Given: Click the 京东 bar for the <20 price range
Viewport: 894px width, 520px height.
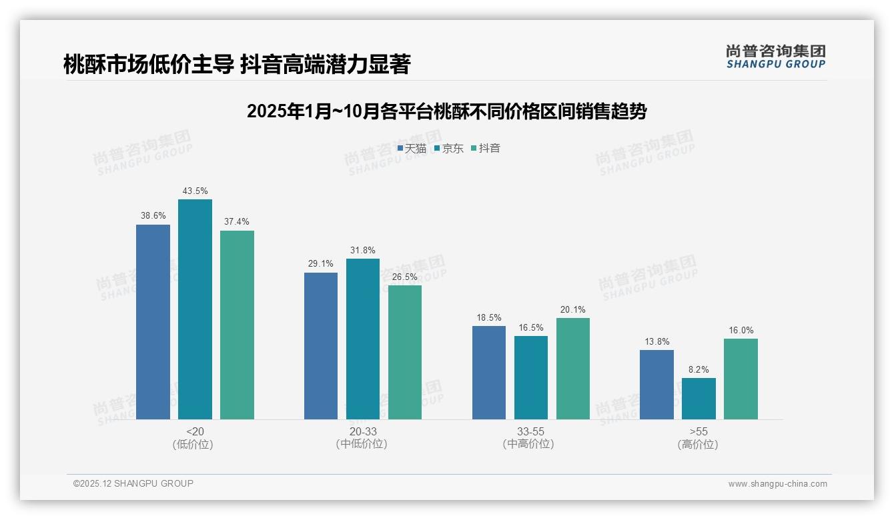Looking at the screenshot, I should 195,309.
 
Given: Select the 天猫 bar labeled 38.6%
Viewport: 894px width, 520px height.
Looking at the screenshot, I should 153,322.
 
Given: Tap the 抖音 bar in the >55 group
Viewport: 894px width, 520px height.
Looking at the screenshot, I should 741,379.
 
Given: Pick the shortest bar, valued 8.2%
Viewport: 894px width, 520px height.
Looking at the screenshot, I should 699,399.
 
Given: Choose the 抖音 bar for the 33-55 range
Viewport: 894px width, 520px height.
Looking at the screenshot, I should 572,369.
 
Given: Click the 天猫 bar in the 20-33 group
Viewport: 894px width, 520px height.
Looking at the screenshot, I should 321,346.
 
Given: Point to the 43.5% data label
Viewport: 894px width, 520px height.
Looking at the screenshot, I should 195,191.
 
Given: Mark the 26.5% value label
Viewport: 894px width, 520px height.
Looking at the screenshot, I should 405,277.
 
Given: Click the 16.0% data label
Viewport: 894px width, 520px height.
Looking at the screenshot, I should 741,331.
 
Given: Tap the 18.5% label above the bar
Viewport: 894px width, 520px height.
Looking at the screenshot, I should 489,318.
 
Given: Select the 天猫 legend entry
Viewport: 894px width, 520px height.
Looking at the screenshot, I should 412,149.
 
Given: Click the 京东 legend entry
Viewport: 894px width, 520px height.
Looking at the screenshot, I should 448,149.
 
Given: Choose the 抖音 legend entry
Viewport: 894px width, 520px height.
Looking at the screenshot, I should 486,149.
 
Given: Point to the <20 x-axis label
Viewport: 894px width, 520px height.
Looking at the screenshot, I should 195,431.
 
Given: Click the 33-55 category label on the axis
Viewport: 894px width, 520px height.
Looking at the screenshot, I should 530,431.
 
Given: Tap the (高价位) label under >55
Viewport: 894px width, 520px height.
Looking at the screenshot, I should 698,445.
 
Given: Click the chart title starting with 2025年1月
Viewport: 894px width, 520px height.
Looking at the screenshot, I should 446,111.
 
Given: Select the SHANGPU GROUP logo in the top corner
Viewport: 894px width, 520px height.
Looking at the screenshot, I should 775,57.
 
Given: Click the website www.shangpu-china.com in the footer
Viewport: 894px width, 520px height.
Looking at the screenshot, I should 777,484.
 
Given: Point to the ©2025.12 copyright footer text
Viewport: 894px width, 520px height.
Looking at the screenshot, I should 133,483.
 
